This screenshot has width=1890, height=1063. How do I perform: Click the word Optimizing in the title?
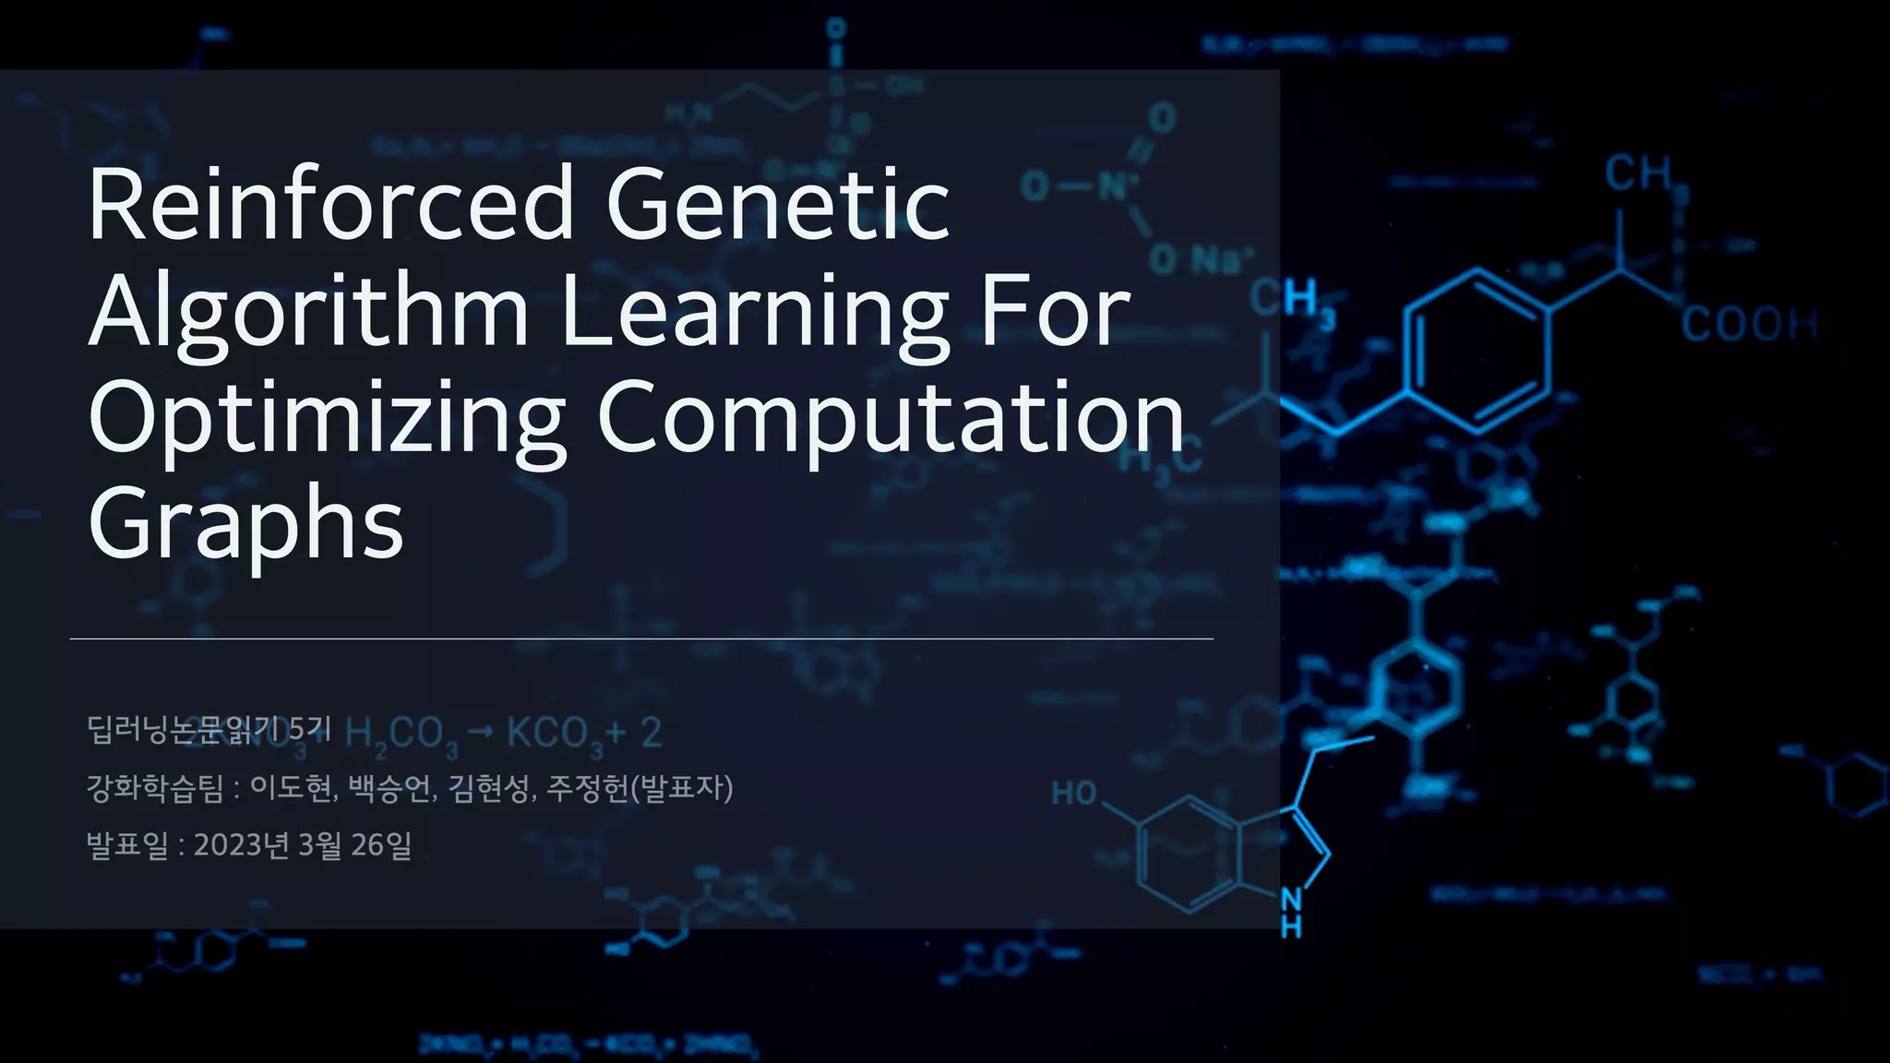[x=327, y=418]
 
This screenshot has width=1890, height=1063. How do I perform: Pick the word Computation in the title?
[x=891, y=418]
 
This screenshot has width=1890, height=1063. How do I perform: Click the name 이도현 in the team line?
[x=291, y=788]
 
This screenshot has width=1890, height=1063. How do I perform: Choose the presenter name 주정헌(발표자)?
[x=640, y=788]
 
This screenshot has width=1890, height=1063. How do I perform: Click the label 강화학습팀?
[x=155, y=788]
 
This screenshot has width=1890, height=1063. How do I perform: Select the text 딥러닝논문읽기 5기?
[x=209, y=729]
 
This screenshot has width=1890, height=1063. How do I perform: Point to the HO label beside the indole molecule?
[x=1074, y=793]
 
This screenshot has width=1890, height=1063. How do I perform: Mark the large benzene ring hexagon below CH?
[x=1477, y=351]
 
